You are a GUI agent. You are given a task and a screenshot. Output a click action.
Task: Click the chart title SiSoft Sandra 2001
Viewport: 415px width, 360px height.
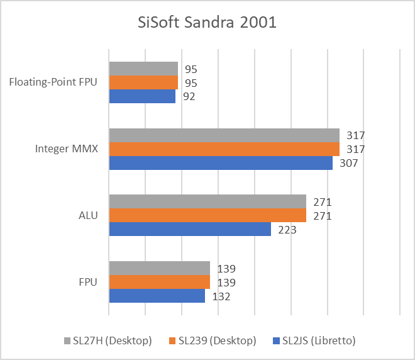click(207, 23)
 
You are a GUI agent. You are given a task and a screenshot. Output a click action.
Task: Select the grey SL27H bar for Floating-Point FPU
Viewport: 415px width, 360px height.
click(143, 69)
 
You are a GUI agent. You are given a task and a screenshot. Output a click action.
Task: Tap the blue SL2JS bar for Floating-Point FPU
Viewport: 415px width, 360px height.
click(142, 96)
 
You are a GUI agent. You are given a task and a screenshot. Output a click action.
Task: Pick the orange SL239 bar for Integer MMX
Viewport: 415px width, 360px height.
click(224, 149)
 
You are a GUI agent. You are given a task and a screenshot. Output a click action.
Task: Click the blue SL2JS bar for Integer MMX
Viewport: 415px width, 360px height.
click(221, 163)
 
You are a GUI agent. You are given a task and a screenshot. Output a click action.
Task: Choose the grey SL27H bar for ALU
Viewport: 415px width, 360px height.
click(207, 201)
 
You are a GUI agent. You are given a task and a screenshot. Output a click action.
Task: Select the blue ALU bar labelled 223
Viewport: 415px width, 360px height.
click(190, 229)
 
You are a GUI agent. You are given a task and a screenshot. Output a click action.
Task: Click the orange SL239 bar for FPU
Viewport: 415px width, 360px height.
click(160, 282)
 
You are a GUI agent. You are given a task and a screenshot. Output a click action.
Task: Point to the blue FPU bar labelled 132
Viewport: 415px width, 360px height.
click(157, 296)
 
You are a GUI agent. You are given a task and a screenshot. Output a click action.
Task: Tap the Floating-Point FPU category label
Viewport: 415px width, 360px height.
click(53, 82)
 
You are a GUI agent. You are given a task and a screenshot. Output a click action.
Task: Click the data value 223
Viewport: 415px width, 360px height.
click(286, 230)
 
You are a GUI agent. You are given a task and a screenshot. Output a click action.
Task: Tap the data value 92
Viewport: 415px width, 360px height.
click(189, 96)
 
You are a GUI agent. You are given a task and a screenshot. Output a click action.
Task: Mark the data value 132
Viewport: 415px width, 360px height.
click(221, 296)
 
